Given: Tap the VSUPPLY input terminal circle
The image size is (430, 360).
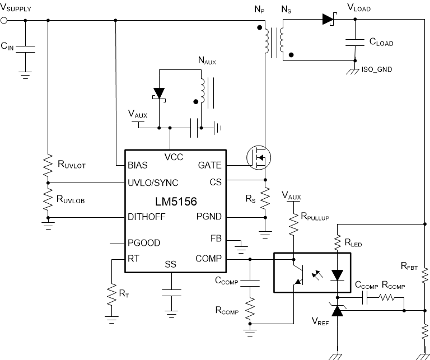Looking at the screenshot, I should [5, 21].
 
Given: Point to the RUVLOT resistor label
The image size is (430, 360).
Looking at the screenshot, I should [75, 164].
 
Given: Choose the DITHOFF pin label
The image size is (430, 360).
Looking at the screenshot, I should [147, 217].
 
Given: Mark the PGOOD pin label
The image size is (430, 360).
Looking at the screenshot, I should [144, 242].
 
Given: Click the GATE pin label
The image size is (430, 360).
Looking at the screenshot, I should [210, 165].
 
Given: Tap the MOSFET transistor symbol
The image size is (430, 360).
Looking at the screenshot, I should [258, 158].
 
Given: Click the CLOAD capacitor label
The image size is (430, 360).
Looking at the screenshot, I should [381, 43].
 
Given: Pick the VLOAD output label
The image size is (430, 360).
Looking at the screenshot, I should [359, 8].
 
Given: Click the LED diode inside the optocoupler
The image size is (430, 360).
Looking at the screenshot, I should [337, 275].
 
